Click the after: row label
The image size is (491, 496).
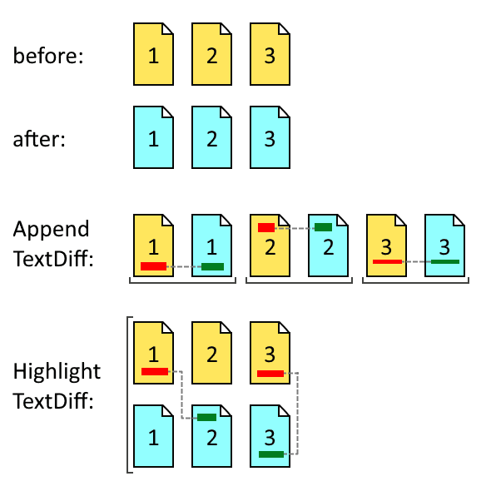pyautogui.click(x=39, y=138)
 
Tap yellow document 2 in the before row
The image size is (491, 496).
pyautogui.click(x=211, y=55)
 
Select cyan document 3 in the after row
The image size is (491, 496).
pyautogui.click(x=270, y=138)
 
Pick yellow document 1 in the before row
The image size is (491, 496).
pyautogui.click(x=153, y=55)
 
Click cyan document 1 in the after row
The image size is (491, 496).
pyautogui.click(x=153, y=138)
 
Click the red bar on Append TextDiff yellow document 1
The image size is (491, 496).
pyautogui.click(x=153, y=266)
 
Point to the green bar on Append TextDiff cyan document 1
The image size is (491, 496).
pyautogui.click(x=212, y=266)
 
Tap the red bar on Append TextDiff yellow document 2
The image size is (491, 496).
pyautogui.click(x=266, y=227)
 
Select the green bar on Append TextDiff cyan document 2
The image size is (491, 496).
pyautogui.click(x=323, y=227)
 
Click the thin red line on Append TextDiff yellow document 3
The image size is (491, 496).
pyautogui.click(x=387, y=261)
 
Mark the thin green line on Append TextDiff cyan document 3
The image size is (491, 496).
pyautogui.click(x=445, y=261)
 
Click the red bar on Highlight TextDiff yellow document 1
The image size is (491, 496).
pyautogui.click(x=155, y=371)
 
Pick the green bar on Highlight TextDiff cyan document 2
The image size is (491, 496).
pyautogui.click(x=206, y=417)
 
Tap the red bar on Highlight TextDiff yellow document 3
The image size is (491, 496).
pyautogui.click(x=270, y=374)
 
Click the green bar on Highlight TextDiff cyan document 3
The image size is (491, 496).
pyautogui.click(x=270, y=454)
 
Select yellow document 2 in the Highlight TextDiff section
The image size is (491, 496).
pyautogui.click(x=211, y=353)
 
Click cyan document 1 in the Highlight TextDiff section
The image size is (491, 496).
pyautogui.click(x=153, y=434)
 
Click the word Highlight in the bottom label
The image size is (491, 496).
pyautogui.click(x=57, y=370)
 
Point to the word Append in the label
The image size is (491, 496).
pyautogui.click(x=51, y=229)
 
